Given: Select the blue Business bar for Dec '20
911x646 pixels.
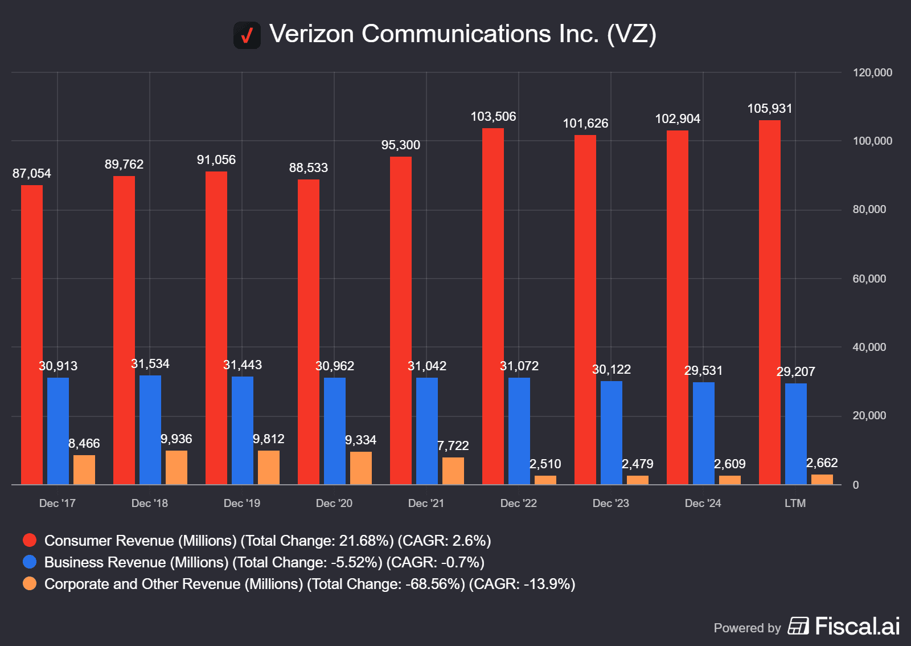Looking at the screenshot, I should [335, 431].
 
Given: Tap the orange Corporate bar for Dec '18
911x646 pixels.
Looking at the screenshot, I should [177, 468].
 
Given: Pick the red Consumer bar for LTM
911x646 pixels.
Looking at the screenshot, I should [770, 302].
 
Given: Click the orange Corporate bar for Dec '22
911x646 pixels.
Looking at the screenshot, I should [545, 480].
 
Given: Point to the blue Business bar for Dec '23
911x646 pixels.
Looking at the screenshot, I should [612, 433].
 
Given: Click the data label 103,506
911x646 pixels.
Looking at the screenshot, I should [493, 117].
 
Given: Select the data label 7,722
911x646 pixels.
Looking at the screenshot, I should [453, 445].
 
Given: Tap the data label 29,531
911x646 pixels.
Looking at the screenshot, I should [703, 371].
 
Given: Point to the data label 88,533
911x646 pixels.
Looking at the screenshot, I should [309, 168].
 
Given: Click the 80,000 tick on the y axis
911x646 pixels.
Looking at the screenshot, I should [869, 210].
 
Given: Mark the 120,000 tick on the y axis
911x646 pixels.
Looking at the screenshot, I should [872, 73].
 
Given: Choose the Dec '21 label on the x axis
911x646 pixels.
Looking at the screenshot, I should [426, 503].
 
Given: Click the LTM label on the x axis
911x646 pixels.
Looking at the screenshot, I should [795, 503].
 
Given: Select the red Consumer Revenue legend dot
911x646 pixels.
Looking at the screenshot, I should [30, 540].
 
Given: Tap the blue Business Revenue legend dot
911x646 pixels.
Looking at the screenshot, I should [30, 562].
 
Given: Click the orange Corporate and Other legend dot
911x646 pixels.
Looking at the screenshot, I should [30, 583].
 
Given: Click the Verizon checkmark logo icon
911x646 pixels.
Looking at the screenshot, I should [247, 35].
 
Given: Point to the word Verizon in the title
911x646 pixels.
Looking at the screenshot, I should [311, 34].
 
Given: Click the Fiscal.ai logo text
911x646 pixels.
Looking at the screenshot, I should [857, 626].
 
